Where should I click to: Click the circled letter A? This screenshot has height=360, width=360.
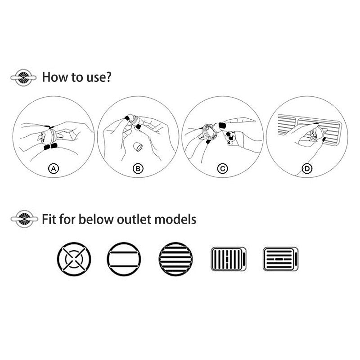click(x=54, y=169)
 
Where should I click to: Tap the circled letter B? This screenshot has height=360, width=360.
click(x=138, y=169)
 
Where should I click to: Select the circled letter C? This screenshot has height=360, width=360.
click(x=222, y=169)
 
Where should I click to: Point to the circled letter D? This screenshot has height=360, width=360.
click(x=307, y=169)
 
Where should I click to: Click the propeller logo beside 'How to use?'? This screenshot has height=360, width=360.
click(x=23, y=77)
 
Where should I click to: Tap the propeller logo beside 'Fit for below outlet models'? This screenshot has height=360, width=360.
click(x=24, y=219)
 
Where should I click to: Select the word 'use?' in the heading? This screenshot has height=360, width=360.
click(x=99, y=77)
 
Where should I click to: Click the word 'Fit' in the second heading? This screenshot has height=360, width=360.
click(x=49, y=219)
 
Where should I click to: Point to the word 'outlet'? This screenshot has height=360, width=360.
click(x=134, y=219)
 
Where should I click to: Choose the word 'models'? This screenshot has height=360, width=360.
click(x=175, y=219)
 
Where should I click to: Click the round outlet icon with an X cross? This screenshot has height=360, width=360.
click(x=74, y=259)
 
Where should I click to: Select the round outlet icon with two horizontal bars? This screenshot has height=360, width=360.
click(x=124, y=259)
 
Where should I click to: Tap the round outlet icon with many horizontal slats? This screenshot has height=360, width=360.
click(x=175, y=259)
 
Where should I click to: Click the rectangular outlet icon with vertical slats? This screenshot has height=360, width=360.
click(x=229, y=259)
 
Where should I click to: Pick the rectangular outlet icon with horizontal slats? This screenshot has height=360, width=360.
click(x=280, y=259)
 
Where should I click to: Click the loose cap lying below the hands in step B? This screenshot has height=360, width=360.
click(x=138, y=147)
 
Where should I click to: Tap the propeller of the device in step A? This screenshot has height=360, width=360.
click(x=42, y=137)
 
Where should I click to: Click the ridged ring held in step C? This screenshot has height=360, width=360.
click(x=209, y=132)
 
